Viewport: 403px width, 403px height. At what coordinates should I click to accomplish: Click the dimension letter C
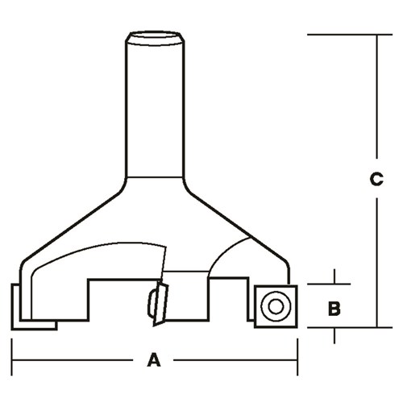point(376,181)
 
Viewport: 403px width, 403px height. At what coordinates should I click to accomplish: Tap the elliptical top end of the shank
point(155,36)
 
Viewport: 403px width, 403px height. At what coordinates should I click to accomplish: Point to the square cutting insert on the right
point(275,306)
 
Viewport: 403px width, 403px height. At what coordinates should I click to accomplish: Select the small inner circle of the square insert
point(275,306)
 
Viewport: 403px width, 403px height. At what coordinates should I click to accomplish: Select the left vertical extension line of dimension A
point(11,351)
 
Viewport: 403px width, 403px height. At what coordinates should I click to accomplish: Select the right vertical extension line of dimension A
point(297,351)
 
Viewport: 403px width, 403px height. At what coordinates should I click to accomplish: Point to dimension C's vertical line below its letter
point(376,258)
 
